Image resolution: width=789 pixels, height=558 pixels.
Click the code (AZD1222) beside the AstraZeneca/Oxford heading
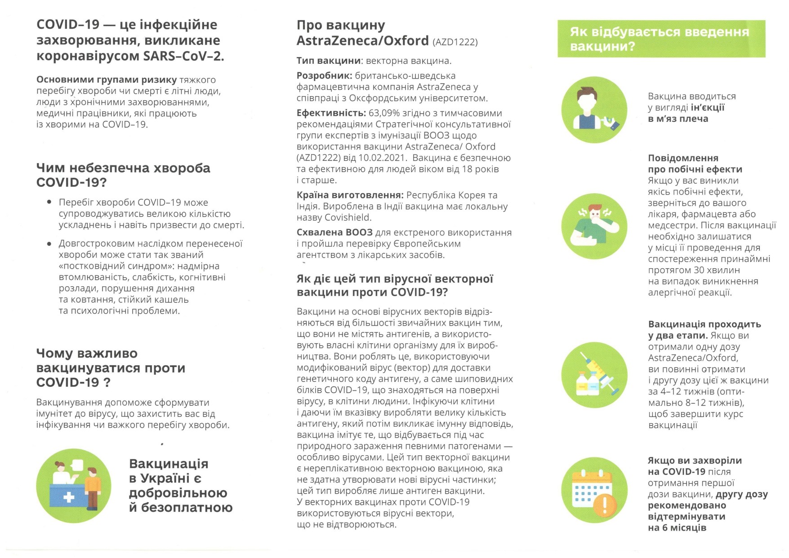tap(455, 42)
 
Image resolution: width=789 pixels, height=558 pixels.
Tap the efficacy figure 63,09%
tap(383, 113)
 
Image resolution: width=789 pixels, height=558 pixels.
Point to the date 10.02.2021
tap(383, 158)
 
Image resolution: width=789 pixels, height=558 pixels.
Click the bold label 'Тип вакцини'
tap(329, 61)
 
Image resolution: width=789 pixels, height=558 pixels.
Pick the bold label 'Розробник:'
tap(324, 76)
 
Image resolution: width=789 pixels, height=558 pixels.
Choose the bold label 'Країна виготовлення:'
tap(350, 195)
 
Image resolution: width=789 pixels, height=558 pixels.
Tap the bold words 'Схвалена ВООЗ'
tap(334, 233)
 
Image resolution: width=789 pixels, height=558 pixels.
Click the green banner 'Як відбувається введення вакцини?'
tap(661, 39)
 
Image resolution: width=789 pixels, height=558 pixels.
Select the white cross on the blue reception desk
tap(69, 497)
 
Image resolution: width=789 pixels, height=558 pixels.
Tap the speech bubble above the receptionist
tap(77, 465)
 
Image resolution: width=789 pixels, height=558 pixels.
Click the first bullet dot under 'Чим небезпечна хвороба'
tap(49, 202)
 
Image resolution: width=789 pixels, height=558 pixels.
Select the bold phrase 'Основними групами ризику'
tap(107, 80)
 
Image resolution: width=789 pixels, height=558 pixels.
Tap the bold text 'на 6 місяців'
tap(677, 528)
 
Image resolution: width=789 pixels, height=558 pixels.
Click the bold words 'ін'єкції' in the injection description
tap(708, 108)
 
